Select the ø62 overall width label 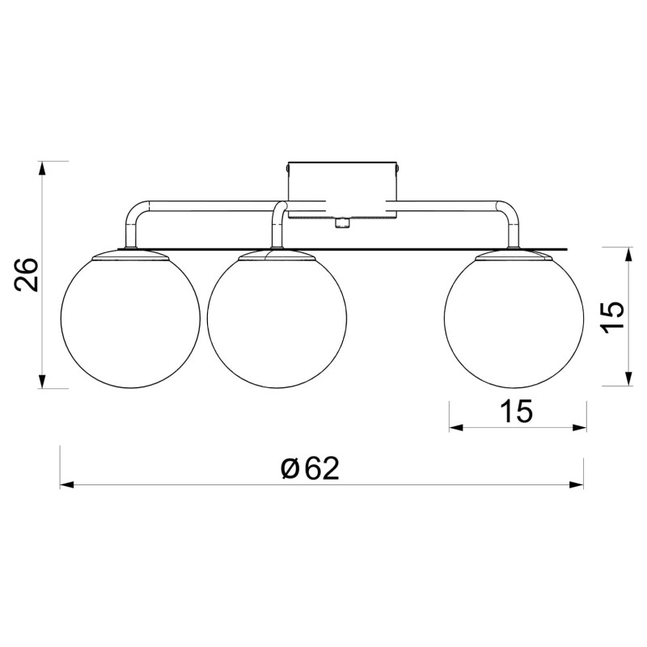[x=309, y=468]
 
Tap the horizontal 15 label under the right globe [x=517, y=412]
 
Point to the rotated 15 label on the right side [x=611, y=316]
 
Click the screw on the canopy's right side [x=398, y=169]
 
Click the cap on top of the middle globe [x=277, y=255]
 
